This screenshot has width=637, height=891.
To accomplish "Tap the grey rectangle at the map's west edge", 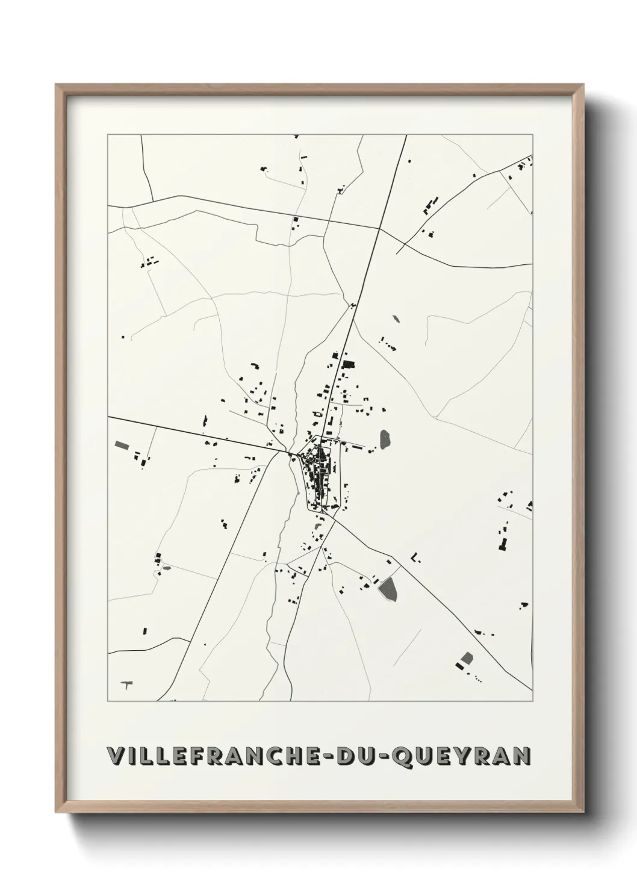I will [x=122, y=445].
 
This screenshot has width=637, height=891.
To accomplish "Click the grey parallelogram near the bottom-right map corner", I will [x=465, y=658].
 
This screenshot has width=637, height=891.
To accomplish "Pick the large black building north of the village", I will [x=347, y=364].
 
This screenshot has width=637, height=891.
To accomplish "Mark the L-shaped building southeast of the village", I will [x=415, y=556].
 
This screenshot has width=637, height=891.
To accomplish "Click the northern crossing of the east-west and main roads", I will [x=380, y=228].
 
